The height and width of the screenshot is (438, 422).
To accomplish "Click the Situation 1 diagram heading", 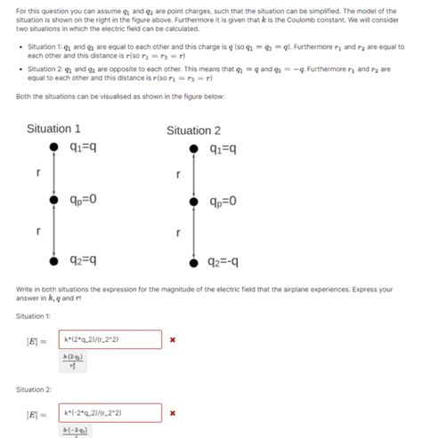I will tap(54, 129).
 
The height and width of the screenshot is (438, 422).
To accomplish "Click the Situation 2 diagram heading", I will tap(194, 131).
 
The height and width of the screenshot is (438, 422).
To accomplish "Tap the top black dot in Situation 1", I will tap(53, 147).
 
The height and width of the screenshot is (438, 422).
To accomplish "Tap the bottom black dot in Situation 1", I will tap(53, 260).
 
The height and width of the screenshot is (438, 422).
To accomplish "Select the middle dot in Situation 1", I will tap(54, 201).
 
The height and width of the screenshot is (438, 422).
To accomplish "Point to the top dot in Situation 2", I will tap(193, 147).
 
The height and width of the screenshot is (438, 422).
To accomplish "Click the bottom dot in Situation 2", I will tap(193, 262).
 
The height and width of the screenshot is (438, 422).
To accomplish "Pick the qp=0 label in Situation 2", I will tap(222, 202).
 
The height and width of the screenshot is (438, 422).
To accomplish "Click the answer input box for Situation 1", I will tap(110, 339).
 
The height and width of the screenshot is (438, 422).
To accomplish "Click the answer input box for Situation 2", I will tap(110, 413).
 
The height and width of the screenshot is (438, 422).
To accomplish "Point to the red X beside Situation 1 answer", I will tap(173, 339).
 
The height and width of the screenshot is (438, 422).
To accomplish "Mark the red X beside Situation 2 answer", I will tap(173, 413).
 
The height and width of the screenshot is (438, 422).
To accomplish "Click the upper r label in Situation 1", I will tap(37, 172).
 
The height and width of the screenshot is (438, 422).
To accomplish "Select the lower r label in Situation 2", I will tap(178, 233).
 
